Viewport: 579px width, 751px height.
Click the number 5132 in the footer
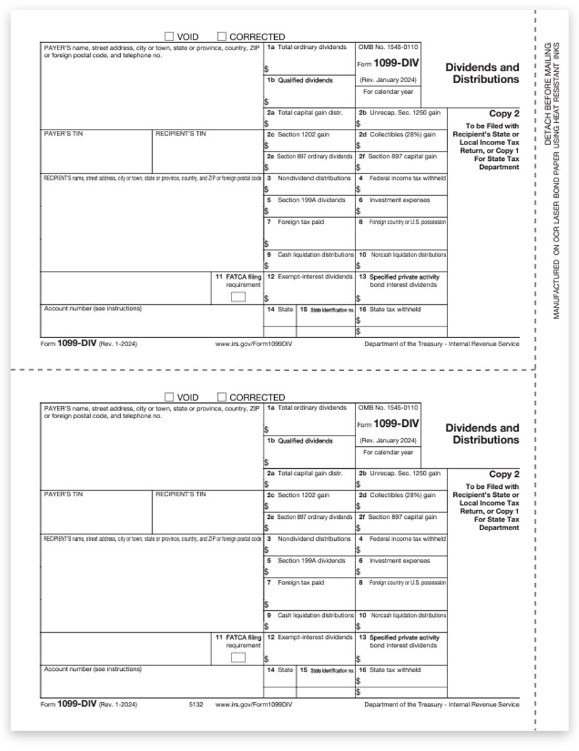point(195,705)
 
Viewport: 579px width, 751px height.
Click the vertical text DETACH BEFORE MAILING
point(548,94)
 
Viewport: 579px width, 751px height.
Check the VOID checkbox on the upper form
point(169,37)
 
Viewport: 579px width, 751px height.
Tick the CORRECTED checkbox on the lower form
point(222,397)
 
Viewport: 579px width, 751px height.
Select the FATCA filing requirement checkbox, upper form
point(238,297)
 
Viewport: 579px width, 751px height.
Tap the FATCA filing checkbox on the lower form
point(238,657)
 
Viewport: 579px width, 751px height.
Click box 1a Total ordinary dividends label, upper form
point(307,48)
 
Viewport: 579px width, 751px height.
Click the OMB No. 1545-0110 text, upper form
point(389,48)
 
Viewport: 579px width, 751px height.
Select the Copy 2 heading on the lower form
point(504,474)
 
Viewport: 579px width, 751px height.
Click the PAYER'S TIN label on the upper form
point(61,133)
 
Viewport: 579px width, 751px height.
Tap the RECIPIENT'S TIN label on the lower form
point(180,494)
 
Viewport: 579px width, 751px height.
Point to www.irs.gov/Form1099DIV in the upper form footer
point(253,344)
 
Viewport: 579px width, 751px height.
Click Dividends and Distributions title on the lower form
point(482,434)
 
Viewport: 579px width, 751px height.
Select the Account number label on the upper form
point(93,309)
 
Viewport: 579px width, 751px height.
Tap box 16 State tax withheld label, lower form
point(394,670)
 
